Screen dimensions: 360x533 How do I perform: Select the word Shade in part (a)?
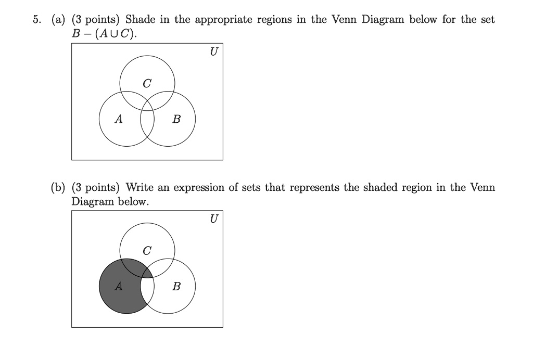139,20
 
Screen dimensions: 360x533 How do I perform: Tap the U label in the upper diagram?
213,52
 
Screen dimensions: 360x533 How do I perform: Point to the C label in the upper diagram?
147,83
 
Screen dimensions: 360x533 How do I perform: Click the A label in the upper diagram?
119,119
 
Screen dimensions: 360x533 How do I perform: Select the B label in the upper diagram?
176,120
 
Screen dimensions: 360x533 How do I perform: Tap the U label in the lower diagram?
213,218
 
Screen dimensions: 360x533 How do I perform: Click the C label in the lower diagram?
147,250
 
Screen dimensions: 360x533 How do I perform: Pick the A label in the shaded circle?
119,286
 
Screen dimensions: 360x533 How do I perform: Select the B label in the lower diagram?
176,287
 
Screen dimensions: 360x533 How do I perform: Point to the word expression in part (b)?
198,188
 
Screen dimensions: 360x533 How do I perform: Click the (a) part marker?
58,20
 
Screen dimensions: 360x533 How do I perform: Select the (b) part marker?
58,187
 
